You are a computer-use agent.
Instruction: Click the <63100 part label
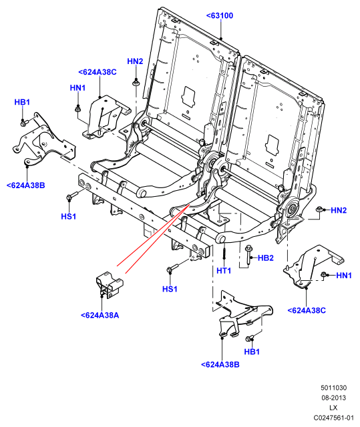220,15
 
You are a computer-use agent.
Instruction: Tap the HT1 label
224,271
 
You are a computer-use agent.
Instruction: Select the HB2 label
265,258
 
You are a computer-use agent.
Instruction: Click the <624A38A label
100,316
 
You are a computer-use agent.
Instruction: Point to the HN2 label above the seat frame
135,61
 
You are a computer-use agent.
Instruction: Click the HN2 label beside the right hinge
339,210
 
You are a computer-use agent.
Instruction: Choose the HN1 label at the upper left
77,88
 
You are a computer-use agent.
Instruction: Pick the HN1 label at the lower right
344,276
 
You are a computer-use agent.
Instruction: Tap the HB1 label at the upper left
22,102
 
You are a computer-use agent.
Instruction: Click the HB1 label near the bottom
252,352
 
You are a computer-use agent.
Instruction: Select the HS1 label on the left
68,216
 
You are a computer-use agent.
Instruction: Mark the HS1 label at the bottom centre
170,289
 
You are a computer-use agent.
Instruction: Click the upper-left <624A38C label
98,72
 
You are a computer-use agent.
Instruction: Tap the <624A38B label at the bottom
220,365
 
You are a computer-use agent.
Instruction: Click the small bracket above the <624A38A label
110,285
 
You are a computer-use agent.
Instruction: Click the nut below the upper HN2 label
136,82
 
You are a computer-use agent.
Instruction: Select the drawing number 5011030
333,388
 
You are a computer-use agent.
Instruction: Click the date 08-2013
333,398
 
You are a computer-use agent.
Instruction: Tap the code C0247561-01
333,418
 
